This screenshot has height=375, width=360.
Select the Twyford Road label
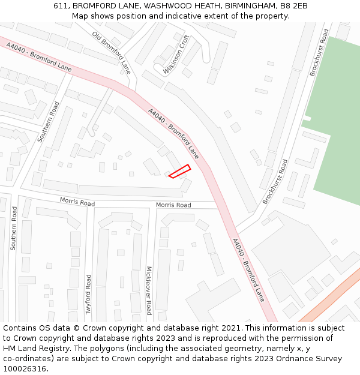89,294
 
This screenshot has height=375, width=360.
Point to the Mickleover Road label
149,291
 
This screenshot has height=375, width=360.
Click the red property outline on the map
179,171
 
